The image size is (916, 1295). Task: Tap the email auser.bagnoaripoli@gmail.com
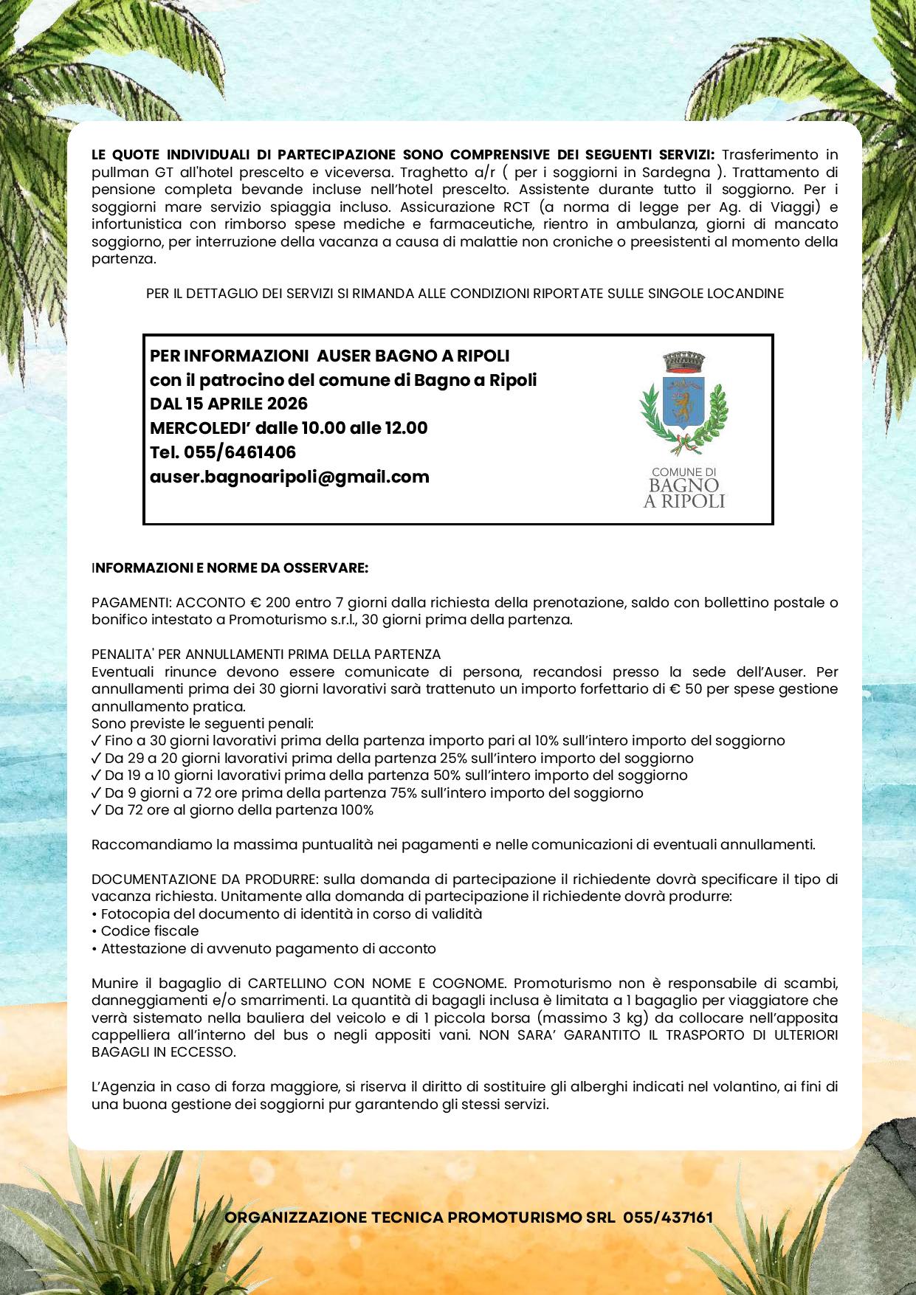pyautogui.click(x=289, y=477)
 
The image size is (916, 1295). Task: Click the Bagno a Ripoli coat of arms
pyautogui.click(x=683, y=403)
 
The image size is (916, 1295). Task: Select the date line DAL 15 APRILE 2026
pyautogui.click(x=229, y=404)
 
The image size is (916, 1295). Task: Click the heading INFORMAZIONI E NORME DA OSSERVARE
pyautogui.click(x=230, y=568)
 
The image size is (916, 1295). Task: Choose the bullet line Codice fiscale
pyautogui.click(x=150, y=931)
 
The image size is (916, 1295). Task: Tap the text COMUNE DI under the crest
pyautogui.click(x=684, y=472)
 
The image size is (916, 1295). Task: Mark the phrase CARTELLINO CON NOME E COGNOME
pyautogui.click(x=377, y=984)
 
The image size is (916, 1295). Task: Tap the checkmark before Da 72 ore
pyautogui.click(x=96, y=810)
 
